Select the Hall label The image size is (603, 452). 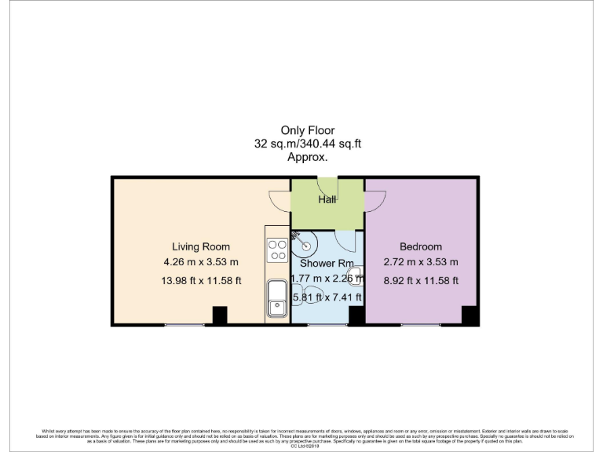click(327, 200)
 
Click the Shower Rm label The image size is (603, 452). click(327, 264)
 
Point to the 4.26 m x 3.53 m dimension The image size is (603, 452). click(200, 262)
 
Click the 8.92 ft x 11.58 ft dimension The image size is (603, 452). click(421, 280)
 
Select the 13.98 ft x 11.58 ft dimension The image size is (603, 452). click(200, 280)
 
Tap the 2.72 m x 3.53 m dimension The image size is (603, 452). click(421, 262)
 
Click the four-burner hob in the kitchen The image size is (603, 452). click(277, 250)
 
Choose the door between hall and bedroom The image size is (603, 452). click(374, 201)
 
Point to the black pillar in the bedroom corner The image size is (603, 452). click(470, 315)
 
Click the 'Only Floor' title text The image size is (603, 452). click(308, 130)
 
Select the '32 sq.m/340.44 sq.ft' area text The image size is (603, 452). click(308, 144)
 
